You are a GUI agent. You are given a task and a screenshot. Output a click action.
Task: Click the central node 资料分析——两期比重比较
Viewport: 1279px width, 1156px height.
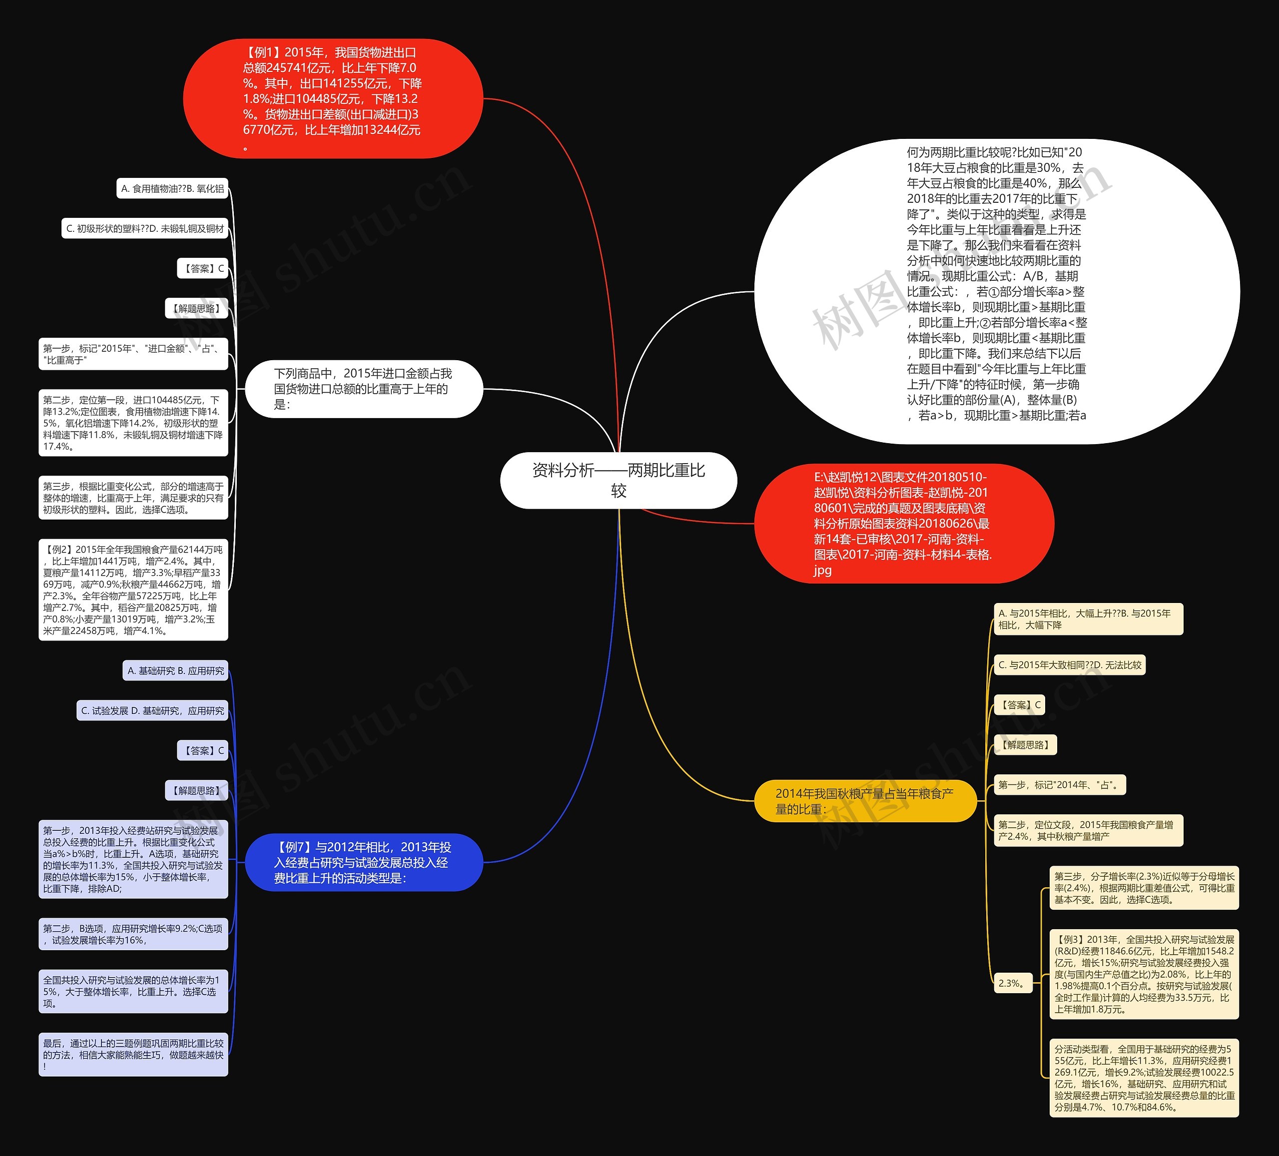click(x=618, y=480)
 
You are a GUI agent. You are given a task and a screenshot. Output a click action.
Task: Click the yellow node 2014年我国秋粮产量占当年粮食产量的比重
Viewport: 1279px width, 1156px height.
click(x=865, y=801)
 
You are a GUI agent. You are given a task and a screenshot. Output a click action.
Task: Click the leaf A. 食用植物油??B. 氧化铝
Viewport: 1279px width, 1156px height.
click(x=172, y=188)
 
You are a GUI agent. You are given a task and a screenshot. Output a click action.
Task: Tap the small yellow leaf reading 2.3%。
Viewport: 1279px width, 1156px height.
click(x=1013, y=983)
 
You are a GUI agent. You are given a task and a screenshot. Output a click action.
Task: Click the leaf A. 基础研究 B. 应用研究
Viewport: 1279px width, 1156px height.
click(x=175, y=670)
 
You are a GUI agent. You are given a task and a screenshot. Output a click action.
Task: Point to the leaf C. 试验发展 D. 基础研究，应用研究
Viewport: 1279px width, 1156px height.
click(x=152, y=710)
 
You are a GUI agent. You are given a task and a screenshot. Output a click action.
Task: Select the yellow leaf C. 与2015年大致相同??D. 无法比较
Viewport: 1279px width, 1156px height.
click(x=1069, y=665)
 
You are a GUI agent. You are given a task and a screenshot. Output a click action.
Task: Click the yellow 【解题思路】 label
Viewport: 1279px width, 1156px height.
click(x=1025, y=745)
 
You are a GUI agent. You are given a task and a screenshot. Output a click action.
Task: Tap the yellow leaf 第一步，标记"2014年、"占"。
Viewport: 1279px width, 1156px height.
click(x=1059, y=785)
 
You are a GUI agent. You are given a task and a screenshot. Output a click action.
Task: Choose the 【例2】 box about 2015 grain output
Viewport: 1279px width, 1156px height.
click(x=133, y=589)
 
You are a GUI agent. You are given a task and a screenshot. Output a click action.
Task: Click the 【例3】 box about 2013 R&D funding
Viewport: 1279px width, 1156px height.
click(x=1144, y=974)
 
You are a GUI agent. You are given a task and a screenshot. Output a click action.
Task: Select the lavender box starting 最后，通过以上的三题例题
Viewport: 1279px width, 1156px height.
click(x=133, y=1055)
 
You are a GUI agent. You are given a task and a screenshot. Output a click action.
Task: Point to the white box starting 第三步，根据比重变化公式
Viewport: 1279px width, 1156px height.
click(x=133, y=498)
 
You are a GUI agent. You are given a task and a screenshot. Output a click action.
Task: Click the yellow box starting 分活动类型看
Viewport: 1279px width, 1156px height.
click(x=1144, y=1078)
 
